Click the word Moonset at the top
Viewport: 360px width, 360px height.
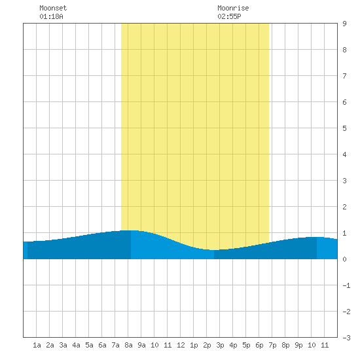53,8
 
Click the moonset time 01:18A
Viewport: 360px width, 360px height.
51,16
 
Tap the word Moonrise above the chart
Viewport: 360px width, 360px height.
233,8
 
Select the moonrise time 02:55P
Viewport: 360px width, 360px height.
229,16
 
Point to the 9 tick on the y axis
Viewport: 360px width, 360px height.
344,24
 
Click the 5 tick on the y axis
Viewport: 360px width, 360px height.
344,128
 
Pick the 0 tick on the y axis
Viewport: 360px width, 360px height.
344,259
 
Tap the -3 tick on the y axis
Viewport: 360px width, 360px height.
346,338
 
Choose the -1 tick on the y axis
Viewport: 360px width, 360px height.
346,285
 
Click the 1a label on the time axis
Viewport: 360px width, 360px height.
37,345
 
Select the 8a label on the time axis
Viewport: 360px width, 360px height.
128,345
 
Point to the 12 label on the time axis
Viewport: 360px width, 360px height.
181,345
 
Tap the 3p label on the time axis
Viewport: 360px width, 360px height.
220,345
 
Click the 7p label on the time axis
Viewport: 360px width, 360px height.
272,345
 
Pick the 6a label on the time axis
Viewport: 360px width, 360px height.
102,345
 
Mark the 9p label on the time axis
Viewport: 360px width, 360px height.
298,345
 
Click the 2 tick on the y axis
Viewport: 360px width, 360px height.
344,207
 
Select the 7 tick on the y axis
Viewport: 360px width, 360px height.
344,76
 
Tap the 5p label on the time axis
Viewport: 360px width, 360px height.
246,345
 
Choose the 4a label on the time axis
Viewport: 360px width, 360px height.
76,345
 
